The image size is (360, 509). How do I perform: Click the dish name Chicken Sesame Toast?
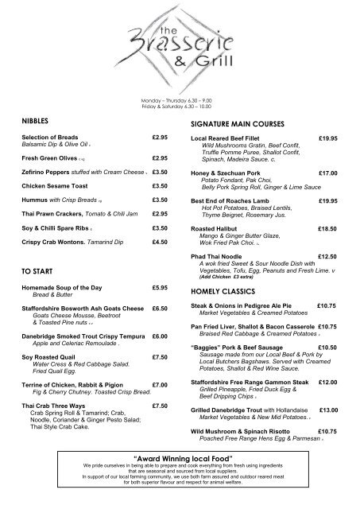(56, 185)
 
